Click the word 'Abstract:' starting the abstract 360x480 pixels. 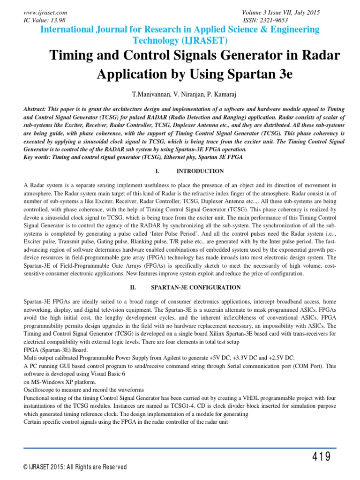coord(37,108)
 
